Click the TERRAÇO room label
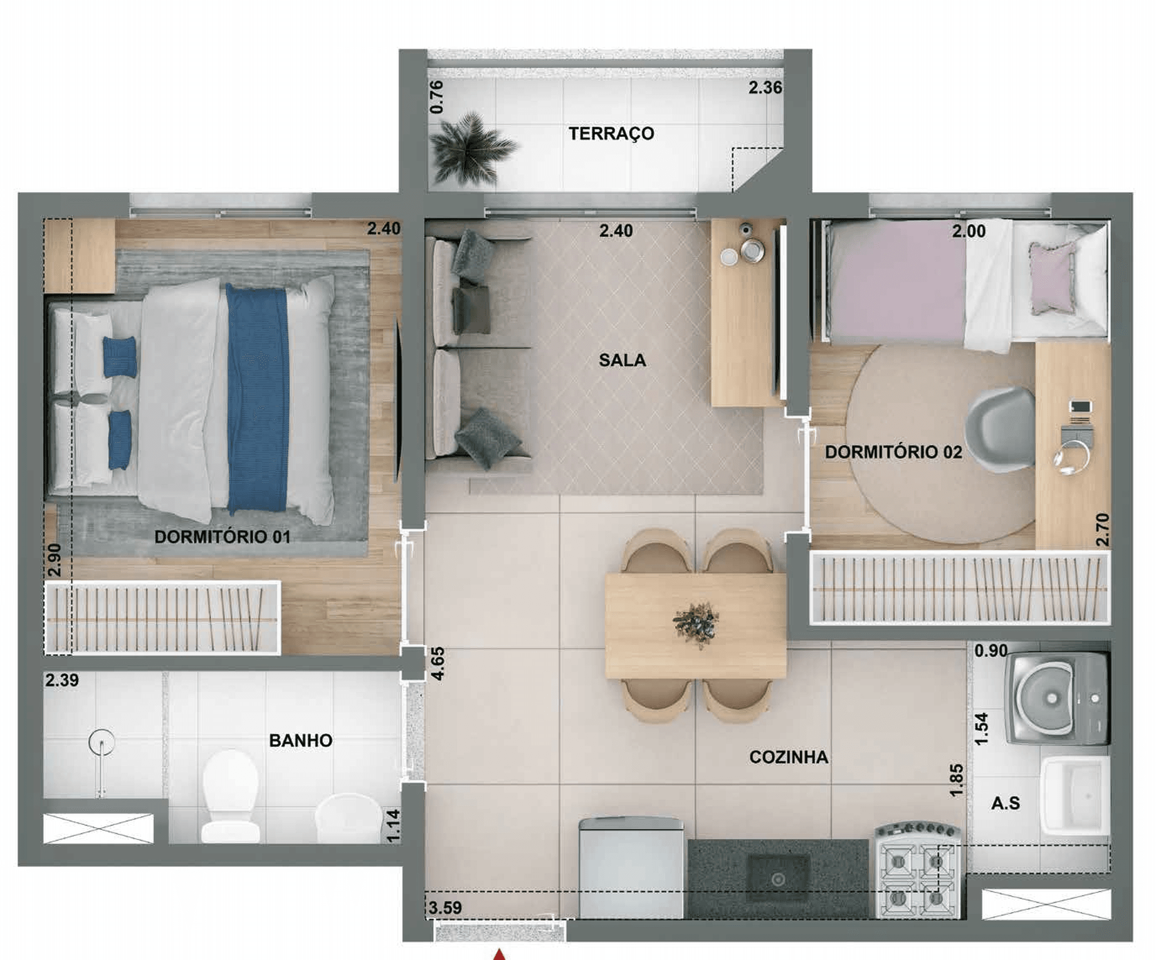pyautogui.click(x=611, y=134)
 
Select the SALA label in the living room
pyautogui.click(x=622, y=360)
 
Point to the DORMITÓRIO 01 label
pyautogui.click(x=222, y=537)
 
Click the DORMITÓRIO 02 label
pyautogui.click(x=894, y=452)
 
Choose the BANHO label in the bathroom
pyautogui.click(x=300, y=740)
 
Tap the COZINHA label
pyautogui.click(x=789, y=757)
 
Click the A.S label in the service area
pyautogui.click(x=1006, y=803)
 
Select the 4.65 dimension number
pyautogui.click(x=439, y=664)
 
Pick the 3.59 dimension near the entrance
pyautogui.click(x=445, y=908)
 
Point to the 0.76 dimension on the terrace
pyautogui.click(x=436, y=97)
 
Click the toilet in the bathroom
pyautogui.click(x=230, y=795)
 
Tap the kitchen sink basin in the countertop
pyautogui.click(x=777, y=879)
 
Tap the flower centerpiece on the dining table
pyautogui.click(x=696, y=624)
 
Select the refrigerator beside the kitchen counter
pyautogui.click(x=631, y=868)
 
